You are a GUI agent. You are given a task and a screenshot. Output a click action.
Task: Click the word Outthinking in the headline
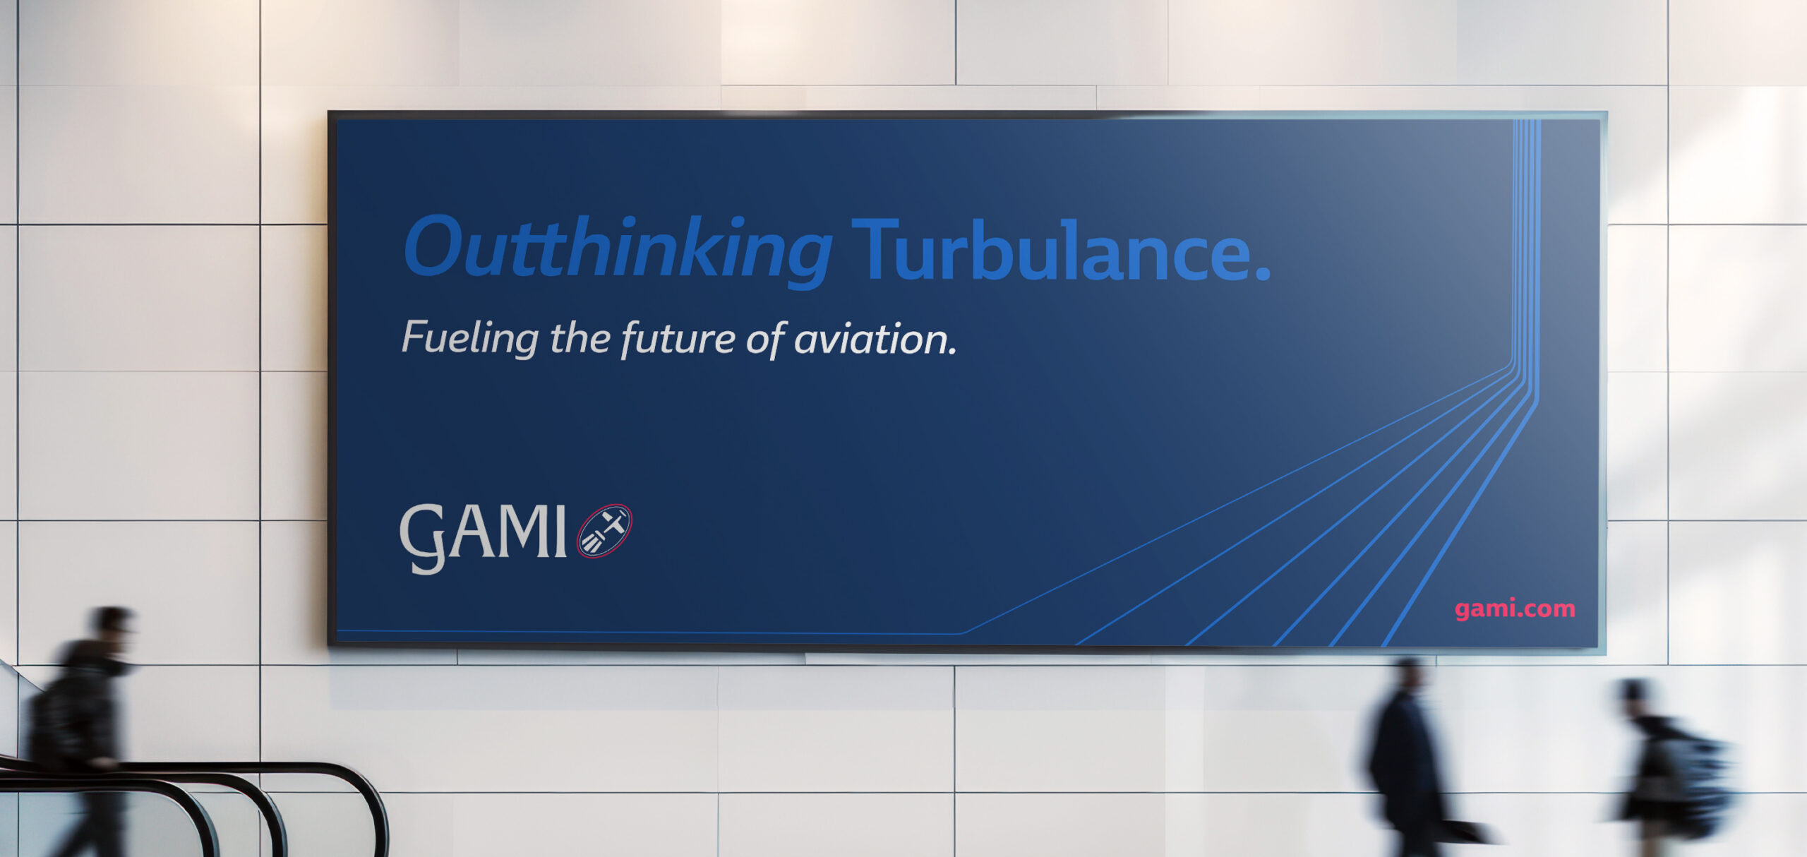pyautogui.click(x=618, y=251)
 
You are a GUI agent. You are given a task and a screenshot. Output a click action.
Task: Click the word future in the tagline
pyautogui.click(x=678, y=340)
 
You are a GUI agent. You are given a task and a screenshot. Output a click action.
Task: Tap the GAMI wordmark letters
pyautogui.click(x=483, y=537)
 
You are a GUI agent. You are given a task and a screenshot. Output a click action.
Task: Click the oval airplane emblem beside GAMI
pyautogui.click(x=605, y=531)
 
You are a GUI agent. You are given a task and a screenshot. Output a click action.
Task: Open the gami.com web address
pyautogui.click(x=1515, y=608)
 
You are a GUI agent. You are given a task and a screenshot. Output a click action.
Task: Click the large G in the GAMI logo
pyautogui.click(x=422, y=539)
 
